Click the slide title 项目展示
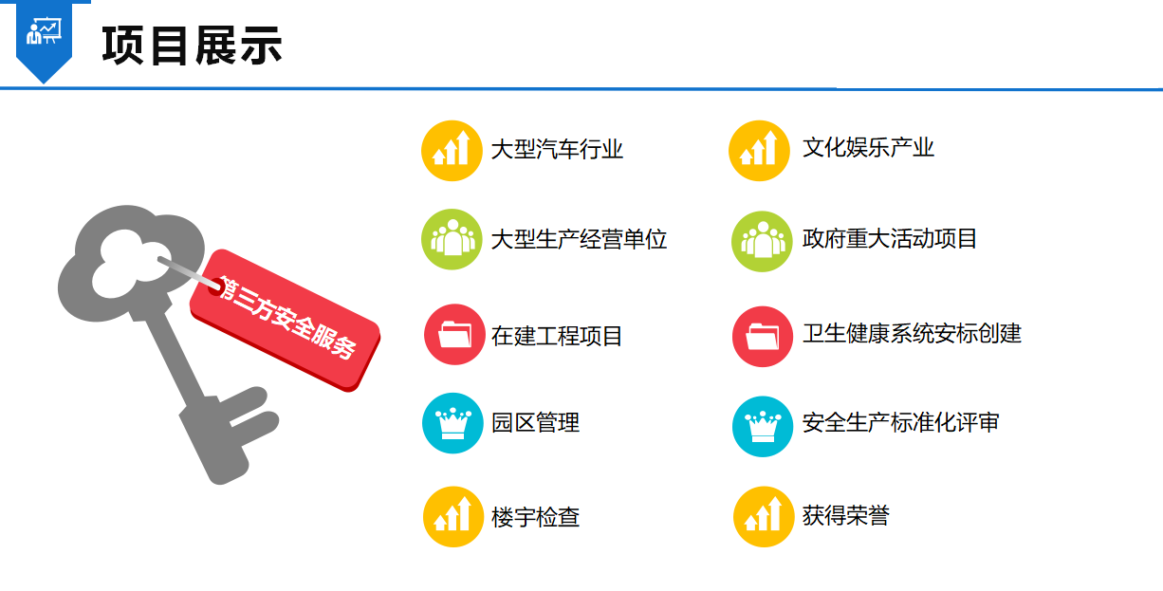tap(193, 46)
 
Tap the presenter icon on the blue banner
tap(44, 31)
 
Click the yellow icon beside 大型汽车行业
tap(452, 151)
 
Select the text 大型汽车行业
tap(557, 150)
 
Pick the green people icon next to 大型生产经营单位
tap(452, 239)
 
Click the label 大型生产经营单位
tap(579, 239)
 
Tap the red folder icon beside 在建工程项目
tap(454, 335)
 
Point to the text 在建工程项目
tap(557, 336)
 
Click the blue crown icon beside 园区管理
tap(452, 423)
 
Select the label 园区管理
tap(535, 423)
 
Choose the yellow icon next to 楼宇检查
tap(453, 517)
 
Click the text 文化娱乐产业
tap(868, 147)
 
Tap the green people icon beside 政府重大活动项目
tap(762, 242)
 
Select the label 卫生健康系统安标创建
tap(912, 333)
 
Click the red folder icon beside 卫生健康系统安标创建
tap(763, 337)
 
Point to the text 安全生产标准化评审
tap(901, 423)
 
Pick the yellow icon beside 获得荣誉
tap(764, 517)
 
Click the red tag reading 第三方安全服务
tap(285, 321)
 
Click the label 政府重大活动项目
tap(890, 239)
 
